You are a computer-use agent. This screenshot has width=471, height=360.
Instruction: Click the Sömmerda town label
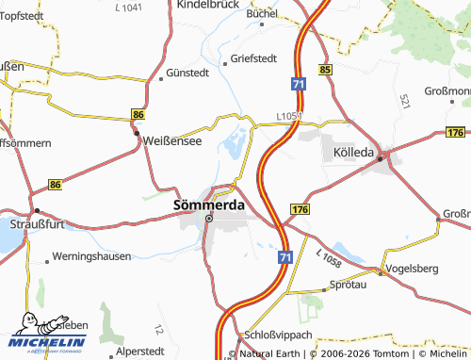point(209,204)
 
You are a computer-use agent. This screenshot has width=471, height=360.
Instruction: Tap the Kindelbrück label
point(206,5)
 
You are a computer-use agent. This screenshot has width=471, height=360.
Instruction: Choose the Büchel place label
point(263,15)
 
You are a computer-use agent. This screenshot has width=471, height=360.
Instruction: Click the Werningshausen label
point(91,255)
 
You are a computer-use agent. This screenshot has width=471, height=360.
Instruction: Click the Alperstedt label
point(138,350)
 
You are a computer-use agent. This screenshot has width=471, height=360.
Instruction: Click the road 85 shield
point(325,70)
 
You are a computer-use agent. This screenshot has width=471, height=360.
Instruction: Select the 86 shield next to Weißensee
point(138,114)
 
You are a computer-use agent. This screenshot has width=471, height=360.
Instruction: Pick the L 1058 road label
point(330,257)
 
